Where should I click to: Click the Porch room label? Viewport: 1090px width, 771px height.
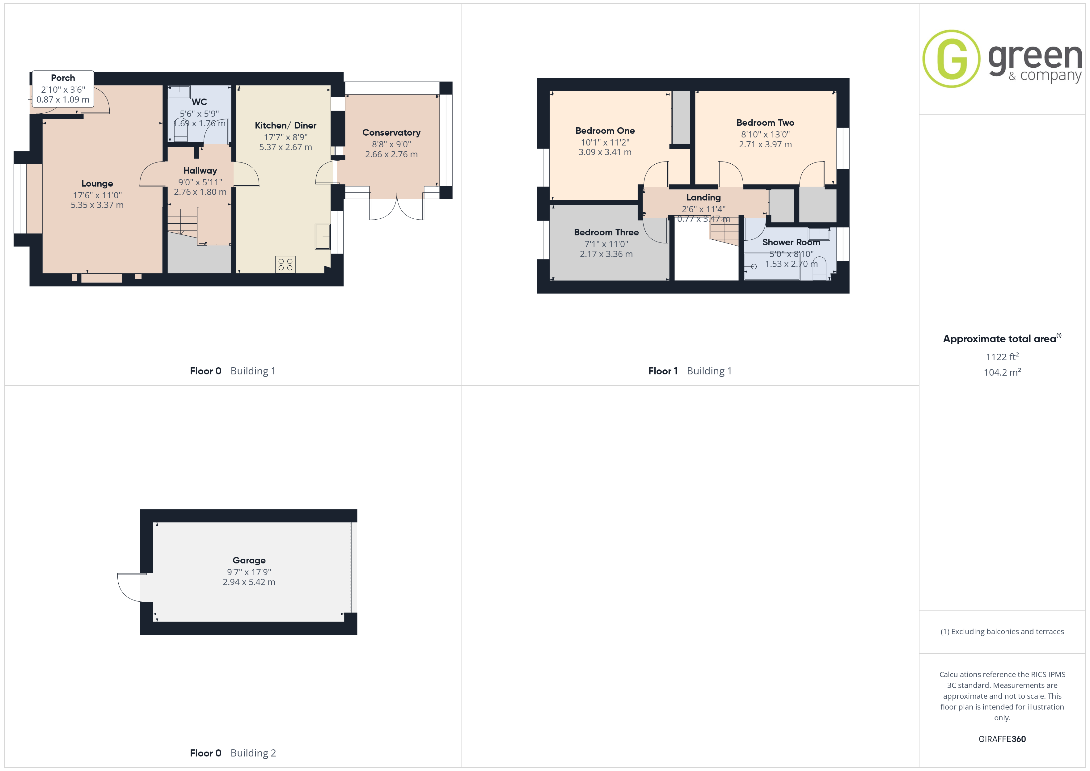coord(63,78)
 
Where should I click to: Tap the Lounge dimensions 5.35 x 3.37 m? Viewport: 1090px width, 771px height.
coord(97,205)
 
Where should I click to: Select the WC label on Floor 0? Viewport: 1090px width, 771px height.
coord(199,102)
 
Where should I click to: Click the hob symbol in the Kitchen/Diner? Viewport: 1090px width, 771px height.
coord(285,264)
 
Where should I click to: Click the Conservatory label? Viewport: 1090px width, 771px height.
coord(391,133)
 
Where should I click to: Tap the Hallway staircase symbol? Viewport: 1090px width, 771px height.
coord(183,221)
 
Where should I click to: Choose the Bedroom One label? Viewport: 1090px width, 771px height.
coord(605,131)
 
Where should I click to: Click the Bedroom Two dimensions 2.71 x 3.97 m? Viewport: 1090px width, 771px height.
coord(765,144)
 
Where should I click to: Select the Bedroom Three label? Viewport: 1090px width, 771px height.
coord(606,232)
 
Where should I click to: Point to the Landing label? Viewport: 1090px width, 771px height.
coord(703,197)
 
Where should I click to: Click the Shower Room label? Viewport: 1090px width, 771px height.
coord(791,242)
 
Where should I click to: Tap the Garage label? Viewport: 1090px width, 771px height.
coord(249,560)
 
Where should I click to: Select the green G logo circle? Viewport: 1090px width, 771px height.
coord(951,59)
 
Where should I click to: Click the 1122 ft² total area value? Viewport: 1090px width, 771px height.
coord(1002,356)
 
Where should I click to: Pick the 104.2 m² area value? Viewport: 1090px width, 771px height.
coord(1002,372)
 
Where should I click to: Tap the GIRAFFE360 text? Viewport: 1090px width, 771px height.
coord(1002,739)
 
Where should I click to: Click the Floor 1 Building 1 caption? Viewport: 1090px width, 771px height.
coord(690,371)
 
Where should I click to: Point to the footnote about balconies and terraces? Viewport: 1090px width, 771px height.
coord(1002,631)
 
